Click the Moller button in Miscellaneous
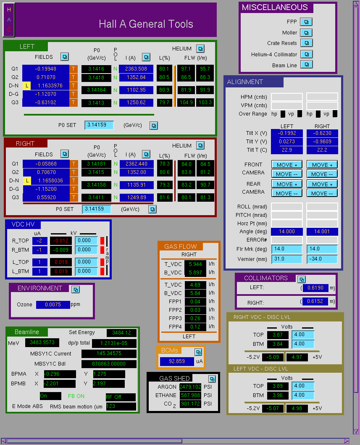[306, 33]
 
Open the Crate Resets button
[306, 43]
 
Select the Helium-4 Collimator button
[306, 54]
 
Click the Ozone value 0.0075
[53, 305]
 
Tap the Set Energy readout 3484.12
[121, 333]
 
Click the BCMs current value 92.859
[177, 361]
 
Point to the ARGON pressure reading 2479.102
[190, 387]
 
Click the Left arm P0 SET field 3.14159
[99, 125]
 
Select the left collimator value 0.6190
[315, 288]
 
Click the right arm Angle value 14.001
[322, 232]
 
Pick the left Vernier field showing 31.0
[287, 259]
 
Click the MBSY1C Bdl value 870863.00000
[109, 364]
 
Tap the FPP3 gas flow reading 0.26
[195, 319]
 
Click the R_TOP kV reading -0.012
[61, 241]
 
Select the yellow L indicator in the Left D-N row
[26, 85]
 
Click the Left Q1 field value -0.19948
[46, 68]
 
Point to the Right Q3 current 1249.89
[137, 197]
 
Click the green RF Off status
[120, 397]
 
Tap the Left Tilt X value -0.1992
[287, 133]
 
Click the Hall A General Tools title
[146, 24]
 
